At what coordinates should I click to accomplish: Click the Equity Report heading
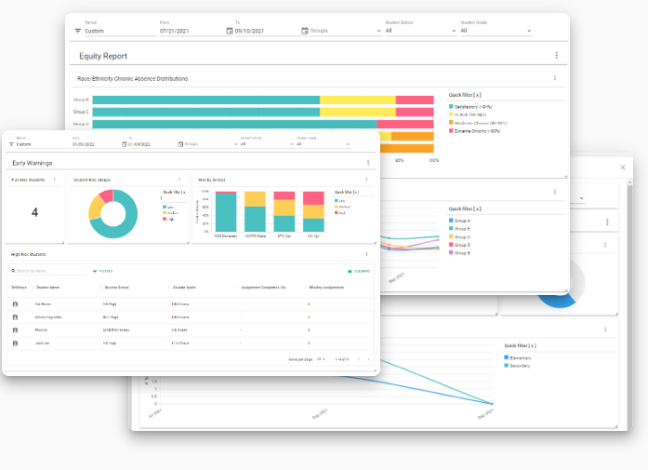103,56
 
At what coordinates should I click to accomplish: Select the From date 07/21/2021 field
174,31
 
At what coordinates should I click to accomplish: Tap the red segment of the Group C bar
415,112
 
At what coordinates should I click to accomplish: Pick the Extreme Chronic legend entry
477,130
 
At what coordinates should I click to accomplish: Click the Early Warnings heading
33,163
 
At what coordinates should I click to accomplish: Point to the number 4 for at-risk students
34,213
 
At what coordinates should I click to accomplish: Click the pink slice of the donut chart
107,195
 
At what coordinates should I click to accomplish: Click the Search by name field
46,271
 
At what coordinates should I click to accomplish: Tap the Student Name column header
47,288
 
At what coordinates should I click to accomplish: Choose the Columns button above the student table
359,271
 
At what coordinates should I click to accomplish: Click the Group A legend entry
462,221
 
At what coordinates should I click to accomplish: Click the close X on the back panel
623,168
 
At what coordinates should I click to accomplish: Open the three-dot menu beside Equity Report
556,56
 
